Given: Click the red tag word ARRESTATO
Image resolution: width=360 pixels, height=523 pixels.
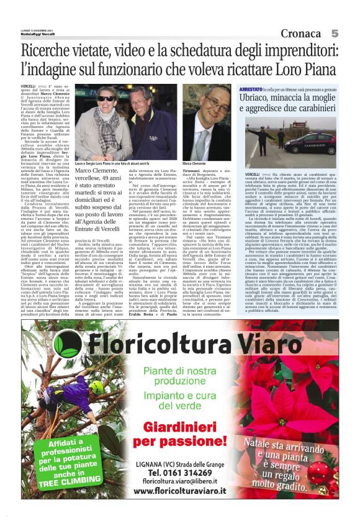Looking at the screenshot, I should (251, 89).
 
